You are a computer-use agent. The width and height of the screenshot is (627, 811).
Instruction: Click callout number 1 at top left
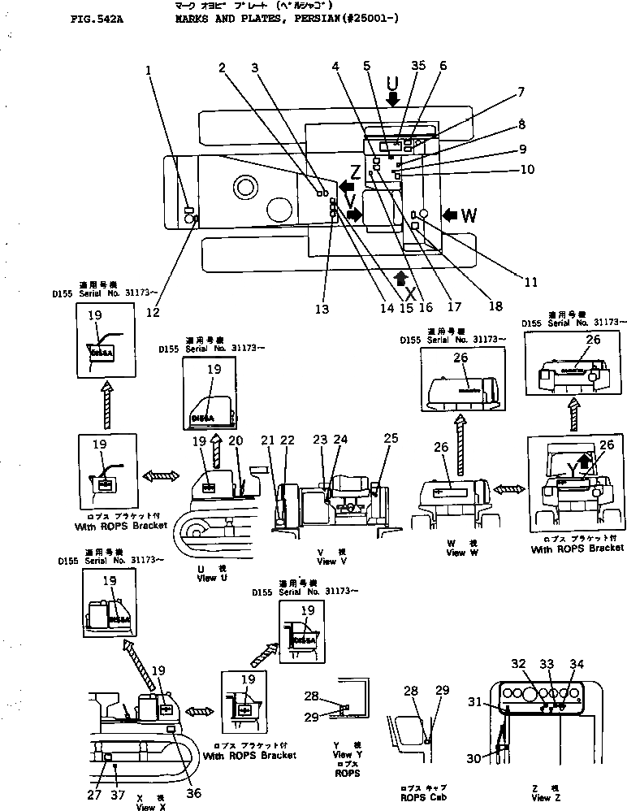tap(149, 69)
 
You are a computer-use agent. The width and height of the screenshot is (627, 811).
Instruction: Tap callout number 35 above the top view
tap(418, 66)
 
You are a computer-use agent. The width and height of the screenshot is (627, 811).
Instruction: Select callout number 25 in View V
tap(391, 439)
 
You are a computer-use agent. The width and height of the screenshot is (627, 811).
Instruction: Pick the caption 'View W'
tap(456, 553)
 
